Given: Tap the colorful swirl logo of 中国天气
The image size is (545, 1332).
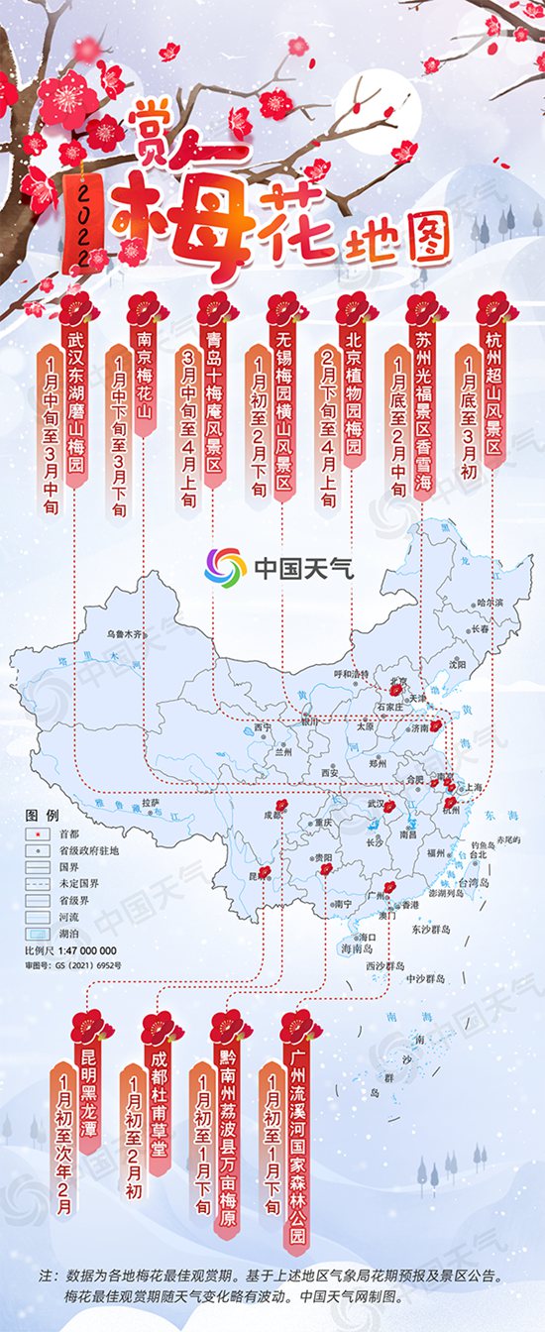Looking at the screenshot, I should click(225, 568).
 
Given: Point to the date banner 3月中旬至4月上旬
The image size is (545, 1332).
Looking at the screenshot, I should click(188, 426).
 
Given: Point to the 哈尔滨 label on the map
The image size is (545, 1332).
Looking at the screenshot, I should click(490, 602).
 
